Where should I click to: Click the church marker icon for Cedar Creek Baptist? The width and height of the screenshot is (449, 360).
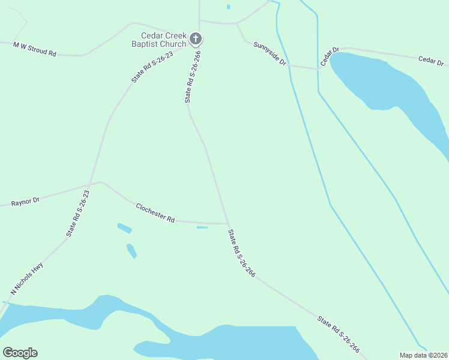(x=195, y=40)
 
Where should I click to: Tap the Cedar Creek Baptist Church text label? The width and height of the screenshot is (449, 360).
(x=159, y=40)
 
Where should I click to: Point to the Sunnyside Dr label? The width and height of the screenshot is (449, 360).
(x=269, y=53)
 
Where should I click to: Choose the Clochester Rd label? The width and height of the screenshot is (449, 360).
(x=155, y=212)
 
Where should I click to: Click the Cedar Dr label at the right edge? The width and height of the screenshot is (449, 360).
(x=431, y=61)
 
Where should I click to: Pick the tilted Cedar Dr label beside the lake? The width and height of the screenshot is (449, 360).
(x=330, y=56)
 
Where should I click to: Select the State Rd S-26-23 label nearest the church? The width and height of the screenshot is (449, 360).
(x=152, y=67)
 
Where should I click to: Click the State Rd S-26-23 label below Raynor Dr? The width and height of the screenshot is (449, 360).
(x=78, y=213)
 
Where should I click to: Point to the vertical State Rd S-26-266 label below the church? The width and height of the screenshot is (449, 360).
(x=192, y=77)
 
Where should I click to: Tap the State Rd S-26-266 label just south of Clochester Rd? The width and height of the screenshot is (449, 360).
(x=242, y=253)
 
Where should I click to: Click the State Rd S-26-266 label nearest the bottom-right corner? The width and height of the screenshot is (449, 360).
(x=339, y=334)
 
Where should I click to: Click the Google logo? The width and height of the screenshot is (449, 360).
(x=20, y=353)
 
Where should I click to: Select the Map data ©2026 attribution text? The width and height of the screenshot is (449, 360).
(x=424, y=355)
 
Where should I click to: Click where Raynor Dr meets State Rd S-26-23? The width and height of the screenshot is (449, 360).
(x=89, y=184)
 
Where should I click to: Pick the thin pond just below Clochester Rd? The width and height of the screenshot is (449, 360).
(x=202, y=227)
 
